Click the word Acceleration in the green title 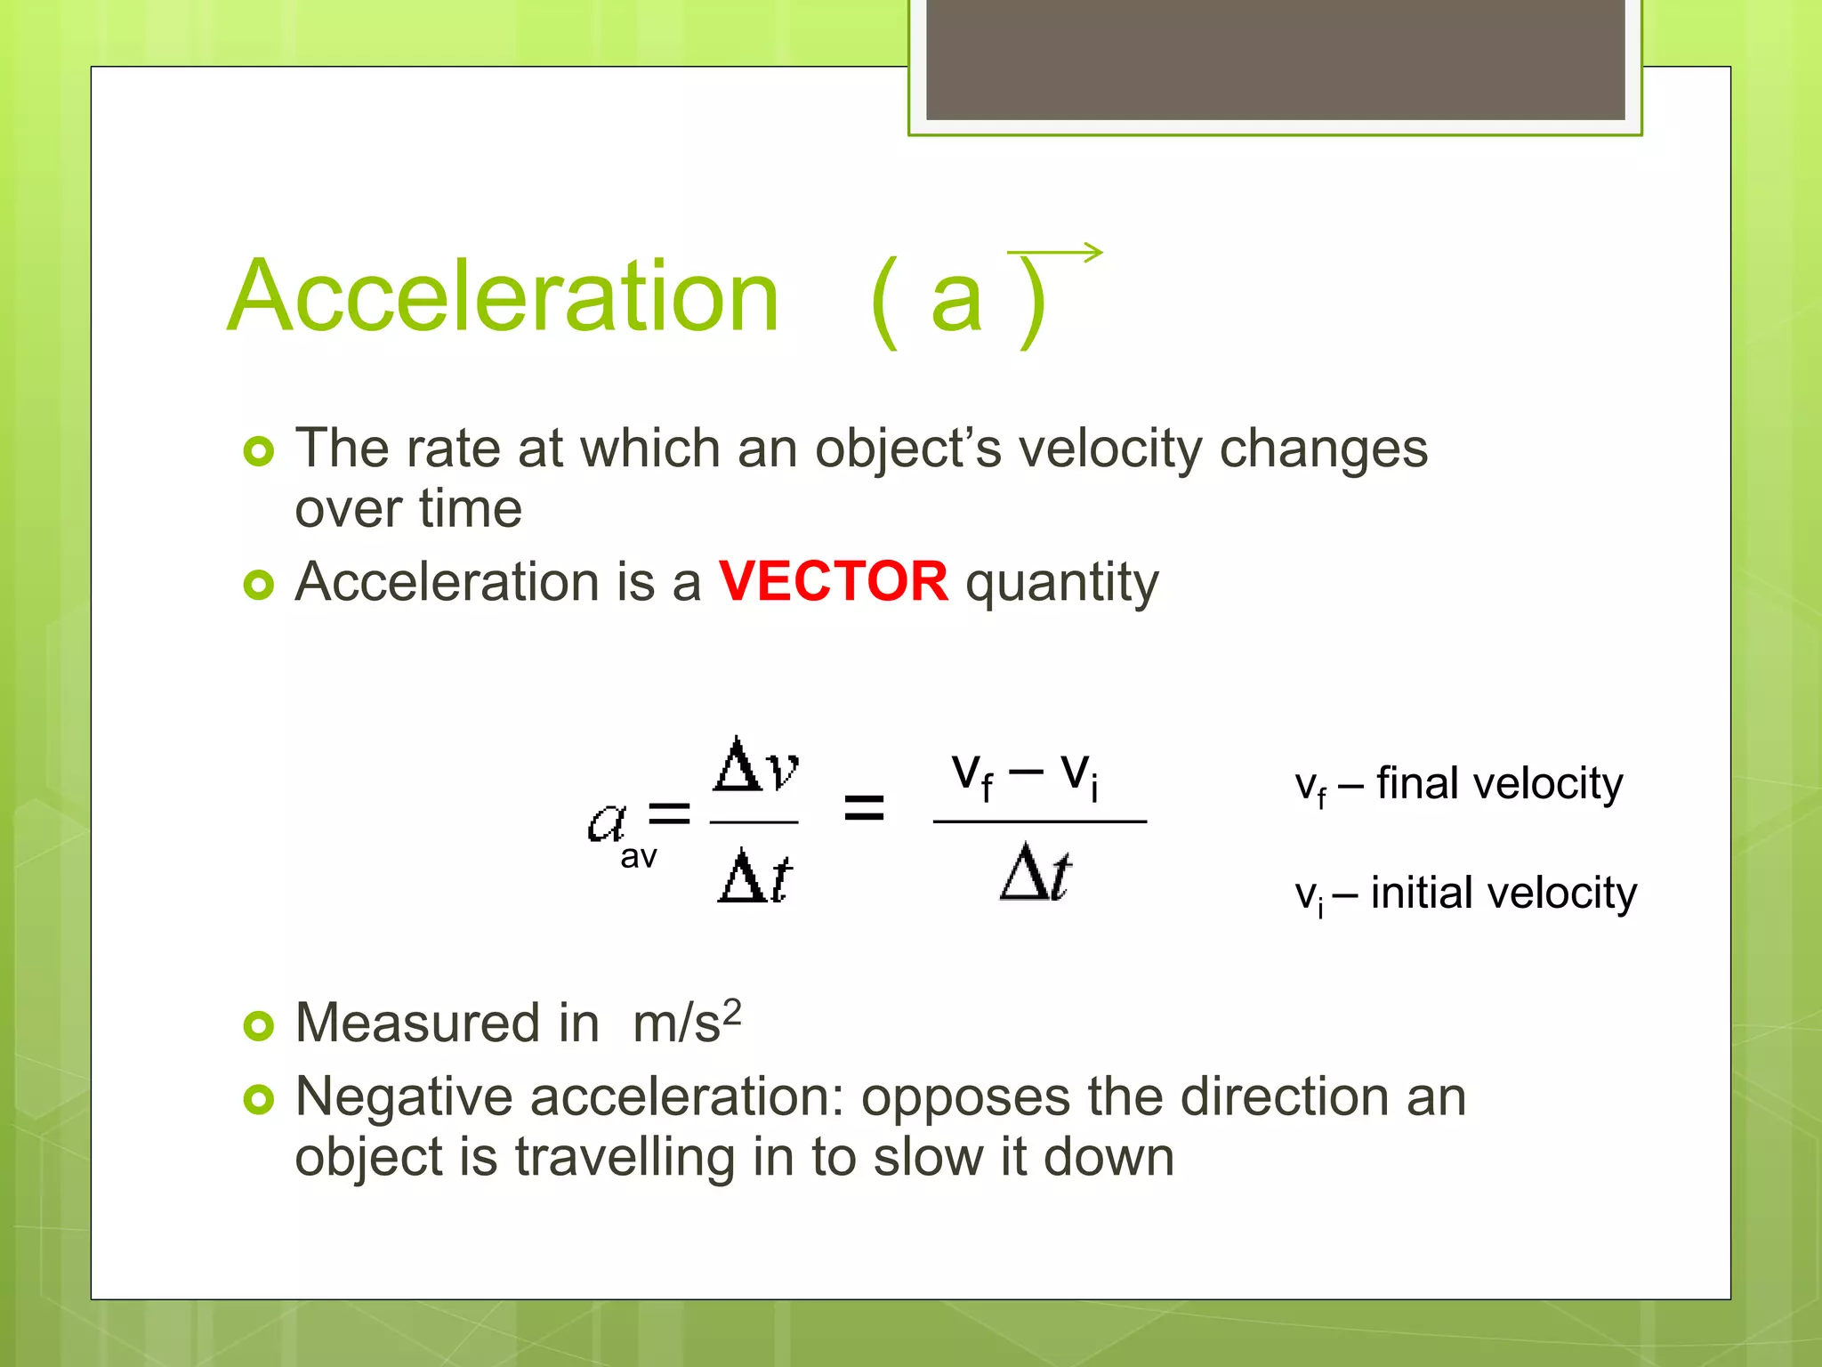tap(504, 296)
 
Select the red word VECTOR tap(834, 582)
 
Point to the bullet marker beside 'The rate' tap(259, 451)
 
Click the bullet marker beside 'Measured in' tap(259, 1026)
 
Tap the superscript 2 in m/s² tap(731, 1013)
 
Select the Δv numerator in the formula tap(755, 765)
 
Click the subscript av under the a tap(639, 857)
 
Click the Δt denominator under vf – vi tap(1036, 873)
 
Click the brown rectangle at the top tap(1275, 59)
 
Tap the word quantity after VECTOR tap(1062, 584)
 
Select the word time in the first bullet tap(471, 509)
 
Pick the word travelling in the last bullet tap(625, 1158)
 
